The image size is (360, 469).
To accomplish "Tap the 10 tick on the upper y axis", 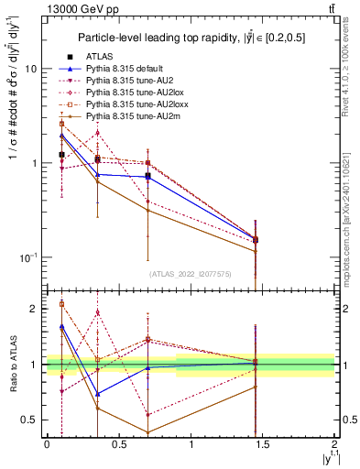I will pyautogui.click(x=31, y=69).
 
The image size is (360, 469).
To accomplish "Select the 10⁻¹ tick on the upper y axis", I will pyautogui.click(x=28, y=257).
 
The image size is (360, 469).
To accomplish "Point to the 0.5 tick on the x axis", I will pyautogui.click(x=118, y=444).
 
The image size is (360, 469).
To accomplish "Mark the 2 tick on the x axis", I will pyautogui.click(x=334, y=444).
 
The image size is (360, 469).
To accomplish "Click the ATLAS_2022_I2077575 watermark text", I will pyautogui.click(x=190, y=274).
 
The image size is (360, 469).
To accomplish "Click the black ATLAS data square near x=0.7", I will pyautogui.click(x=147, y=176).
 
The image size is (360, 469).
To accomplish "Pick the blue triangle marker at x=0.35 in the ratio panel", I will pyautogui.click(x=97, y=394).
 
